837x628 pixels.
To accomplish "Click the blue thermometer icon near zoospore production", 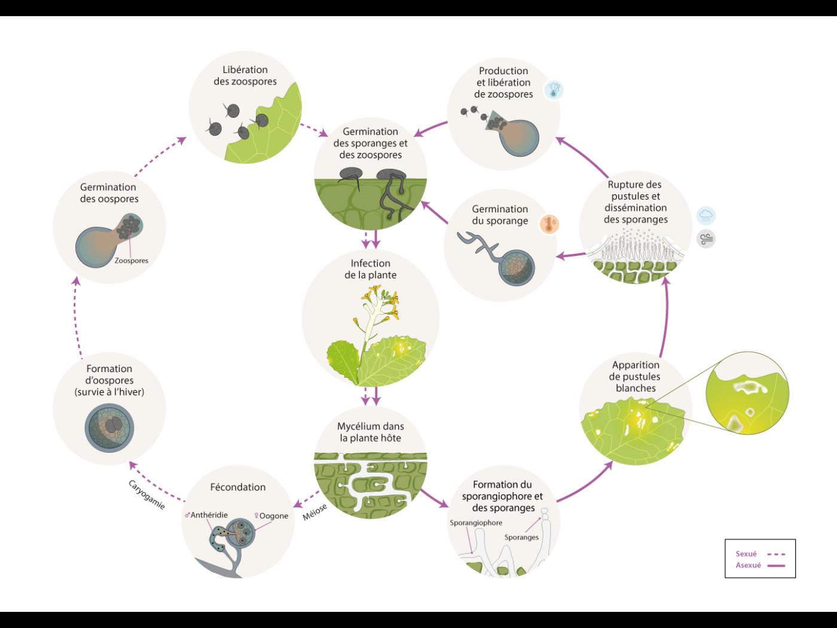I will tap(554, 90).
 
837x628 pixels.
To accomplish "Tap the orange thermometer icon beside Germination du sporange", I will tap(549, 224).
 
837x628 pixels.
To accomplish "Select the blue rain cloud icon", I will tap(706, 215).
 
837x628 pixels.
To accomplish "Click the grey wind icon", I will tap(706, 239).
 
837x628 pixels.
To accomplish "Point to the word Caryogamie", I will tap(146, 494).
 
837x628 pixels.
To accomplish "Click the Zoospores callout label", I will tap(131, 260).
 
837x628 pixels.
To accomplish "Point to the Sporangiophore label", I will tap(476, 523).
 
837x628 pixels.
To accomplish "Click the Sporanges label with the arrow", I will tap(521, 537).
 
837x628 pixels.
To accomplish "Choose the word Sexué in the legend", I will tap(746, 554).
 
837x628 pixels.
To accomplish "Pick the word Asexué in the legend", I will tap(748, 565).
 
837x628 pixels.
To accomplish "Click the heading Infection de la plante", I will tap(371, 269).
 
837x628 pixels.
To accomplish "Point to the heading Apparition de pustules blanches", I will tap(636, 376).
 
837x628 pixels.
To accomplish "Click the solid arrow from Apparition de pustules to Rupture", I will tap(665, 317).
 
